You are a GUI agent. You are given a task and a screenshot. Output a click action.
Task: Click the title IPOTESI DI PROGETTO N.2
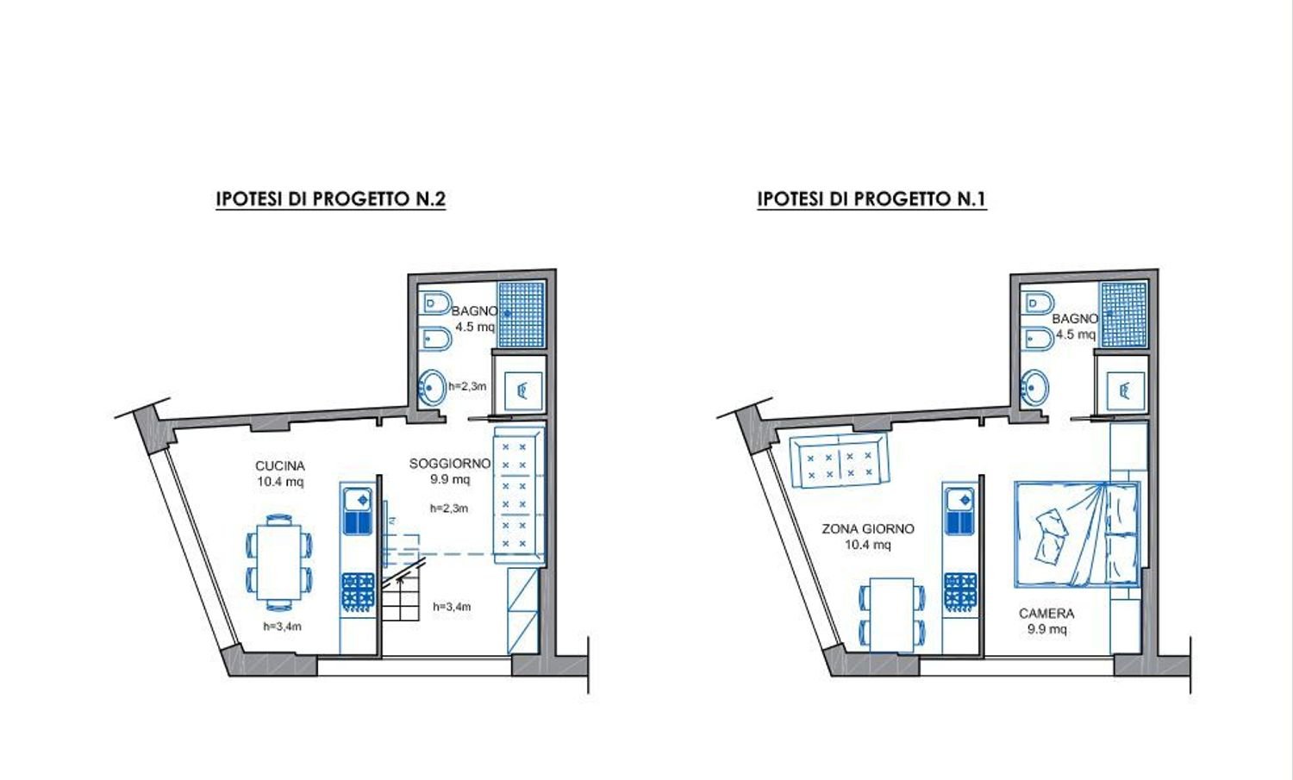[x=330, y=199]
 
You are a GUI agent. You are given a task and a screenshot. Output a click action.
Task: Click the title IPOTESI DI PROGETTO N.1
[x=871, y=199]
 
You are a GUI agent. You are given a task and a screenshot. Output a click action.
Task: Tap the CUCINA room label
[x=279, y=474]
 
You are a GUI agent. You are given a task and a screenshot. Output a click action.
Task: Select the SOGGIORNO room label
[x=449, y=471]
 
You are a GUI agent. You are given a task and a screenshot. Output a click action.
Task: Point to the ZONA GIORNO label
[x=868, y=536]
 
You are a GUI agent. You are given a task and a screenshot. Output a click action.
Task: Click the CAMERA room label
[x=1046, y=621]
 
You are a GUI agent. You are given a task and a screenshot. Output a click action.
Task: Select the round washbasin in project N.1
[x=1034, y=387]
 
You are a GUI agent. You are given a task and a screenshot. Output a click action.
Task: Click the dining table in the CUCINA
[x=279, y=562]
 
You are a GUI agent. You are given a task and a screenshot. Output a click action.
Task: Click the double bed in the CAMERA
[x=1076, y=534]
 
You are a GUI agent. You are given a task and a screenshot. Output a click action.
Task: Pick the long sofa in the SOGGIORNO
[x=519, y=496]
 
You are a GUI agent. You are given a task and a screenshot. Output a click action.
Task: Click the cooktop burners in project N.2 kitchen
[x=358, y=592]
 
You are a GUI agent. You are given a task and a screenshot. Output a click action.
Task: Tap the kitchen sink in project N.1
[x=959, y=510]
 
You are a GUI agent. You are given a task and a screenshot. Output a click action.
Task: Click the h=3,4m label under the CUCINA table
[x=283, y=627]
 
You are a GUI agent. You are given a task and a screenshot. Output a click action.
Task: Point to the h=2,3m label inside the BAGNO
[x=466, y=386]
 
